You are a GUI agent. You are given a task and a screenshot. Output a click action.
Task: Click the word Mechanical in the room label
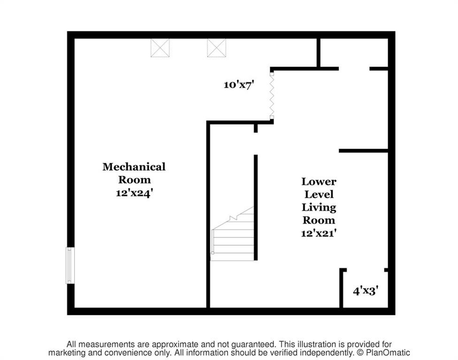(134, 167)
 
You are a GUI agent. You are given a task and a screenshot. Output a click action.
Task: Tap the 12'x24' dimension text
(134, 193)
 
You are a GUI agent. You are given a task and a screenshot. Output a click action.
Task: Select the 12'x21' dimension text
(319, 233)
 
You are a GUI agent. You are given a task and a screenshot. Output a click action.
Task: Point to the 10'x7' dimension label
(239, 85)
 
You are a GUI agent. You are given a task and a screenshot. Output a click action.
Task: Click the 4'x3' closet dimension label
(366, 291)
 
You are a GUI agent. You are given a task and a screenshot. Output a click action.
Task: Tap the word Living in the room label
(319, 208)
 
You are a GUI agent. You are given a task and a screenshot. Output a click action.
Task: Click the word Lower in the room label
(319, 181)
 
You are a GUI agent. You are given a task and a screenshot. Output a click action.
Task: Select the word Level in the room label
(319, 194)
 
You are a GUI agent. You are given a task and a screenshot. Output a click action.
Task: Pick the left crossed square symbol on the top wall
(160, 48)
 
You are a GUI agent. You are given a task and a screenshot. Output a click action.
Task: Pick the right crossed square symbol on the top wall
(216, 48)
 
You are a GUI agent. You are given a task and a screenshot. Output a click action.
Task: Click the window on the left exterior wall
(70, 265)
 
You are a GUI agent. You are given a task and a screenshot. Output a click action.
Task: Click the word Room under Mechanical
(134, 180)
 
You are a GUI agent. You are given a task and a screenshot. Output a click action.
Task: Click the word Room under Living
(319, 220)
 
